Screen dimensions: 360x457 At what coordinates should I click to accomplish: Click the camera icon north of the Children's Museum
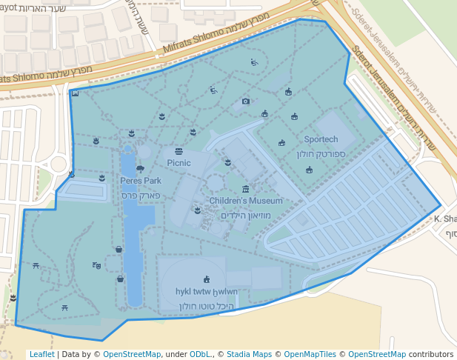click(246, 101)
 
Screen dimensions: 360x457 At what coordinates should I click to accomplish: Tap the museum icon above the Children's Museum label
click(246, 189)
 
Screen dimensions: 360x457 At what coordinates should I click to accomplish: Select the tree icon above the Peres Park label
click(140, 169)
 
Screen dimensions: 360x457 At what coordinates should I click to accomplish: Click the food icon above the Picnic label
click(179, 151)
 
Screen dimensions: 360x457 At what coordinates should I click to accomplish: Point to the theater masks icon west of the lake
click(96, 264)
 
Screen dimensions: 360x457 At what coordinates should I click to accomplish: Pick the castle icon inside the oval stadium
click(207, 280)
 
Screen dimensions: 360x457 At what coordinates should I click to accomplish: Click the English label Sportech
click(321, 139)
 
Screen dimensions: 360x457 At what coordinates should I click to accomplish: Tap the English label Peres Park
click(141, 180)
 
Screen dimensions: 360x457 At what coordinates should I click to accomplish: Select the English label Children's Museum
click(246, 201)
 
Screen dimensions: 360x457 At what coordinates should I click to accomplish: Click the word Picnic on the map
click(179, 163)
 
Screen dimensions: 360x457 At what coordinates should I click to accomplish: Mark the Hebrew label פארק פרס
click(141, 195)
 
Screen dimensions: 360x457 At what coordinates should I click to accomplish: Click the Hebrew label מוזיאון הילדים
click(246, 216)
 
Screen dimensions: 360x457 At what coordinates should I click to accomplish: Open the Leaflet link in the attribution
click(41, 354)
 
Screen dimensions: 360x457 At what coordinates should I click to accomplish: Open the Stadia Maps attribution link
click(249, 354)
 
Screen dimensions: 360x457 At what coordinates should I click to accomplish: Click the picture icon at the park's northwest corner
click(75, 93)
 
